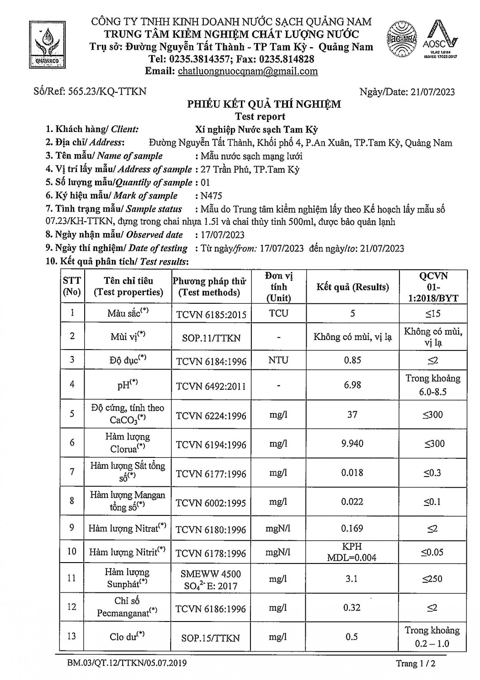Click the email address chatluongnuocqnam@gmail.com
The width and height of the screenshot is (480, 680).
coord(248,71)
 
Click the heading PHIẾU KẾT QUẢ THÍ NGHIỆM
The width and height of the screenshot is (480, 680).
coord(264,104)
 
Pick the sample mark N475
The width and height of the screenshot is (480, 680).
coord(211,196)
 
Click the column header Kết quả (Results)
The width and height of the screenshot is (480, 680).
coord(352,287)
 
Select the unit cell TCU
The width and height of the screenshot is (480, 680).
coord(278,313)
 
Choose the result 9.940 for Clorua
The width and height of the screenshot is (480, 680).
coord(352,443)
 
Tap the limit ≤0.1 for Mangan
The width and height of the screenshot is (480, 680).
coord(432,502)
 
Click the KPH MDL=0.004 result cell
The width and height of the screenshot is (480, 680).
coord(352,552)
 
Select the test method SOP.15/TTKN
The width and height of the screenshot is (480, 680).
coord(211,638)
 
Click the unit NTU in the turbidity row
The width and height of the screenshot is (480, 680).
coord(278,360)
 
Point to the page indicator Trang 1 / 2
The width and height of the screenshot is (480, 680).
coord(415,664)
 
